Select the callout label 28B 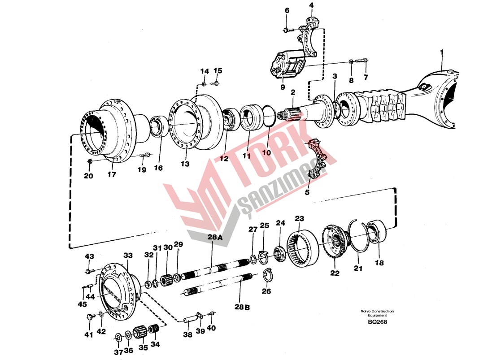pyautogui.click(x=241, y=307)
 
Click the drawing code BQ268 pyautogui.click(x=377, y=322)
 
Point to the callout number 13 pyautogui.click(x=185, y=164)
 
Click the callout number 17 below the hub pyautogui.click(x=112, y=174)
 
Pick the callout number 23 pyautogui.click(x=299, y=219)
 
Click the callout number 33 pyautogui.click(x=128, y=256)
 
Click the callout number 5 pyautogui.click(x=307, y=193)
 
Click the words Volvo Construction pyautogui.click(x=377, y=311)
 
